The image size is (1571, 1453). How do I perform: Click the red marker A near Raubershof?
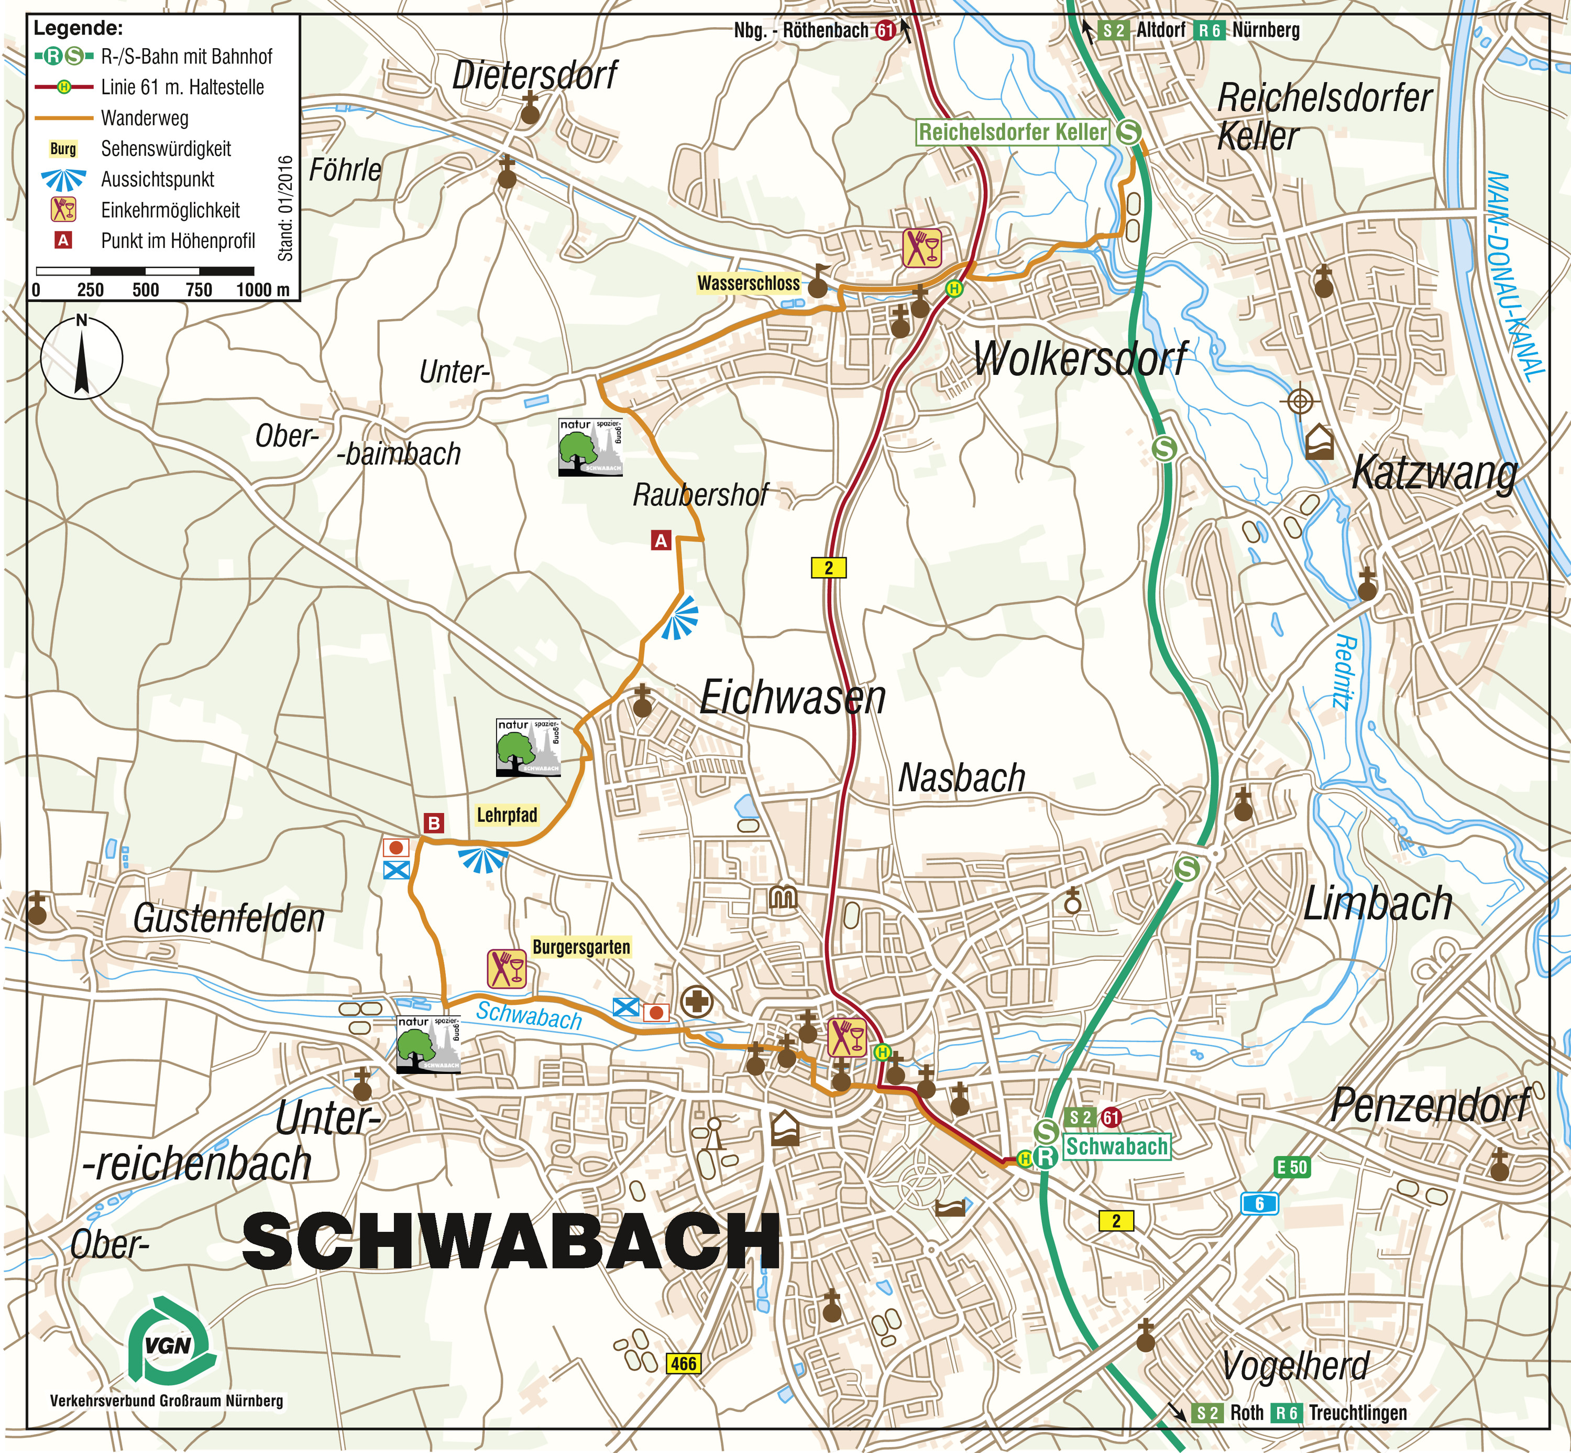coord(661,540)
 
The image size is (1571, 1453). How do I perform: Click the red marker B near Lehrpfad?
coord(434,823)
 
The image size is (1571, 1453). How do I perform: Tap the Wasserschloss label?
coord(748,283)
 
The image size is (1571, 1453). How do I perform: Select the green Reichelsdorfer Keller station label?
coord(1012,132)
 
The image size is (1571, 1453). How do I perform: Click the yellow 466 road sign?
coord(683,1363)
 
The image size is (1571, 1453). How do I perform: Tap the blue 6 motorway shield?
coord(1259,1203)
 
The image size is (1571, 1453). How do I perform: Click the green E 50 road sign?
coord(1291,1167)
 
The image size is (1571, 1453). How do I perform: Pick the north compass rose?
coord(82,359)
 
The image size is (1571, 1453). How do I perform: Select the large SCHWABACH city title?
coord(511,1241)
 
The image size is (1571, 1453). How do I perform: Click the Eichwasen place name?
coord(792,697)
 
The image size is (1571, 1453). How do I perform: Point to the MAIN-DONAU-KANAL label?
coord(1514,275)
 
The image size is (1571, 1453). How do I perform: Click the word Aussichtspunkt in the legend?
coord(157,179)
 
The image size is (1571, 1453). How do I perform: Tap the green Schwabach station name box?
coord(1116,1146)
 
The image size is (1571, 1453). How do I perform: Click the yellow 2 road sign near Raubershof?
coord(828,567)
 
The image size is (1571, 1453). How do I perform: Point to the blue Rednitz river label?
coord(1345,672)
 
